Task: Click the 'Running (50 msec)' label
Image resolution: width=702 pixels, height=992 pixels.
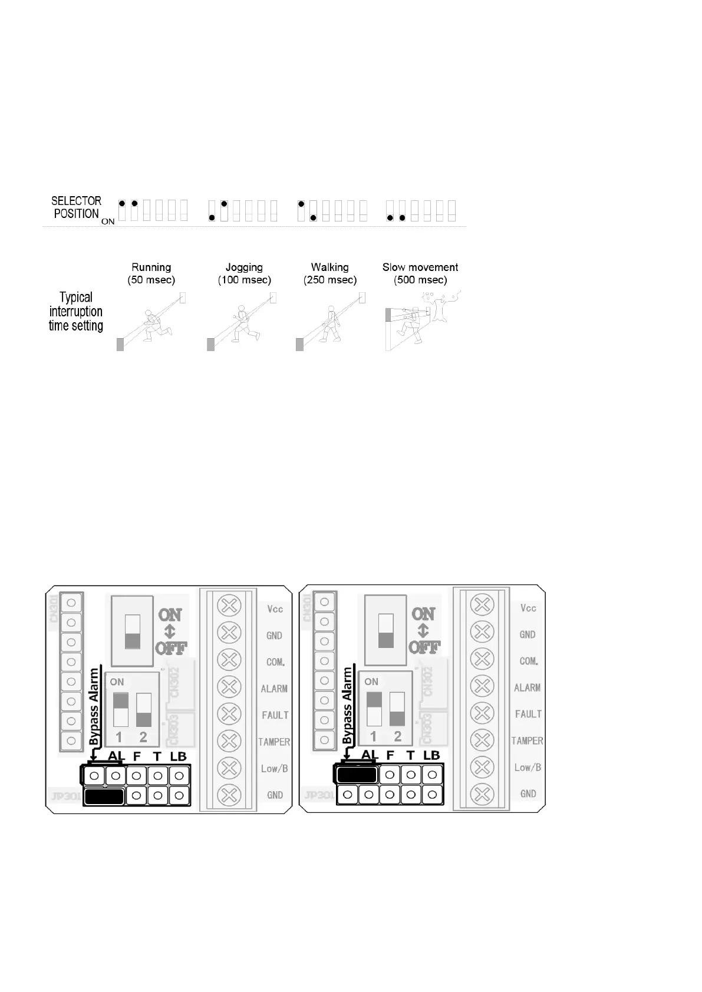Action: coord(151,273)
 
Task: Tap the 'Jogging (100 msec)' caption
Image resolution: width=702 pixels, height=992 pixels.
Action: coord(244,273)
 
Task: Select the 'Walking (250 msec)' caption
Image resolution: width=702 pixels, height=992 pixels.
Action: coord(330,273)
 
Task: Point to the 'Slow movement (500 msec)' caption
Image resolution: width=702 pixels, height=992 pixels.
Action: coord(420,273)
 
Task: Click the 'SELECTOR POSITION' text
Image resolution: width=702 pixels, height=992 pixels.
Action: coord(77,207)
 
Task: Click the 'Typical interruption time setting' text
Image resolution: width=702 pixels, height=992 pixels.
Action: coord(76,312)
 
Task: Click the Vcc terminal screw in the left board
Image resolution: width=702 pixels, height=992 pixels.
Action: coord(229,605)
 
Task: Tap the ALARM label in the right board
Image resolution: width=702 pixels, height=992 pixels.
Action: coord(527,687)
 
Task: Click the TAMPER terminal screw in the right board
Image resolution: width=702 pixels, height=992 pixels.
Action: coord(482,740)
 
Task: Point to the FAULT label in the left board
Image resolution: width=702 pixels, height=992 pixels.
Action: coord(275,715)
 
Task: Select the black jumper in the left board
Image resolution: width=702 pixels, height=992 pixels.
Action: coord(104,796)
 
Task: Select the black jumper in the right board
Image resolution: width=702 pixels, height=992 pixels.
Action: coord(357,774)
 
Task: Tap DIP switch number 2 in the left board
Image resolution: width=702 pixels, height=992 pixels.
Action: coord(144,710)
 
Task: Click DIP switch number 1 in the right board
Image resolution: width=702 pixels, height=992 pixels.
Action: coord(374,709)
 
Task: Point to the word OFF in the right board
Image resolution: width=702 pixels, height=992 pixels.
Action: coord(424,647)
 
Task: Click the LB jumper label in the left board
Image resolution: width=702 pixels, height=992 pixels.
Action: coord(178,756)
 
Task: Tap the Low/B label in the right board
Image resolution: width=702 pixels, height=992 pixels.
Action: coord(528,767)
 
